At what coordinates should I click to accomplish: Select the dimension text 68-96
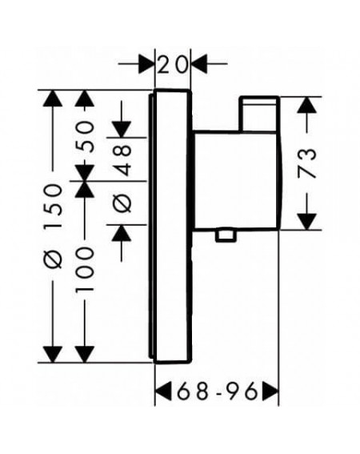coord(217,392)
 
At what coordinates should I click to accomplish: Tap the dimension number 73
coord(306,163)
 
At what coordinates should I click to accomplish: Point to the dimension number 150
coord(53,206)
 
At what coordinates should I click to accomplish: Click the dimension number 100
coord(85,268)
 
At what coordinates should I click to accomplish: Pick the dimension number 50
coord(85,137)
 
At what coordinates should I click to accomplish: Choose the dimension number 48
coord(122,160)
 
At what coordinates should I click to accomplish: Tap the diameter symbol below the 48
coord(122,202)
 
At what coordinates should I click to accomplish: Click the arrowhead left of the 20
coord(146,64)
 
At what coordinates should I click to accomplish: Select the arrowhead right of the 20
coord(199,64)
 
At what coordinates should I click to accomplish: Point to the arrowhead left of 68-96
coord(163,392)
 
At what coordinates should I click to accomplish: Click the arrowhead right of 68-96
coord(271,392)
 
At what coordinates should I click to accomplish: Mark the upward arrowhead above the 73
coord(306,105)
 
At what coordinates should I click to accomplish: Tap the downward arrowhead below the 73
coord(306,222)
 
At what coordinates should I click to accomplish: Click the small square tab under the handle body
coord(226,235)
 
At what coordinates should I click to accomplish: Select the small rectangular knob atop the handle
coord(259,114)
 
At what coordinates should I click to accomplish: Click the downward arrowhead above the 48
coord(122,130)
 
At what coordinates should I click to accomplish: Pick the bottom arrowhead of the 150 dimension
coord(53,354)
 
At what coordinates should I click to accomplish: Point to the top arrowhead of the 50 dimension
coord(85,98)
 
